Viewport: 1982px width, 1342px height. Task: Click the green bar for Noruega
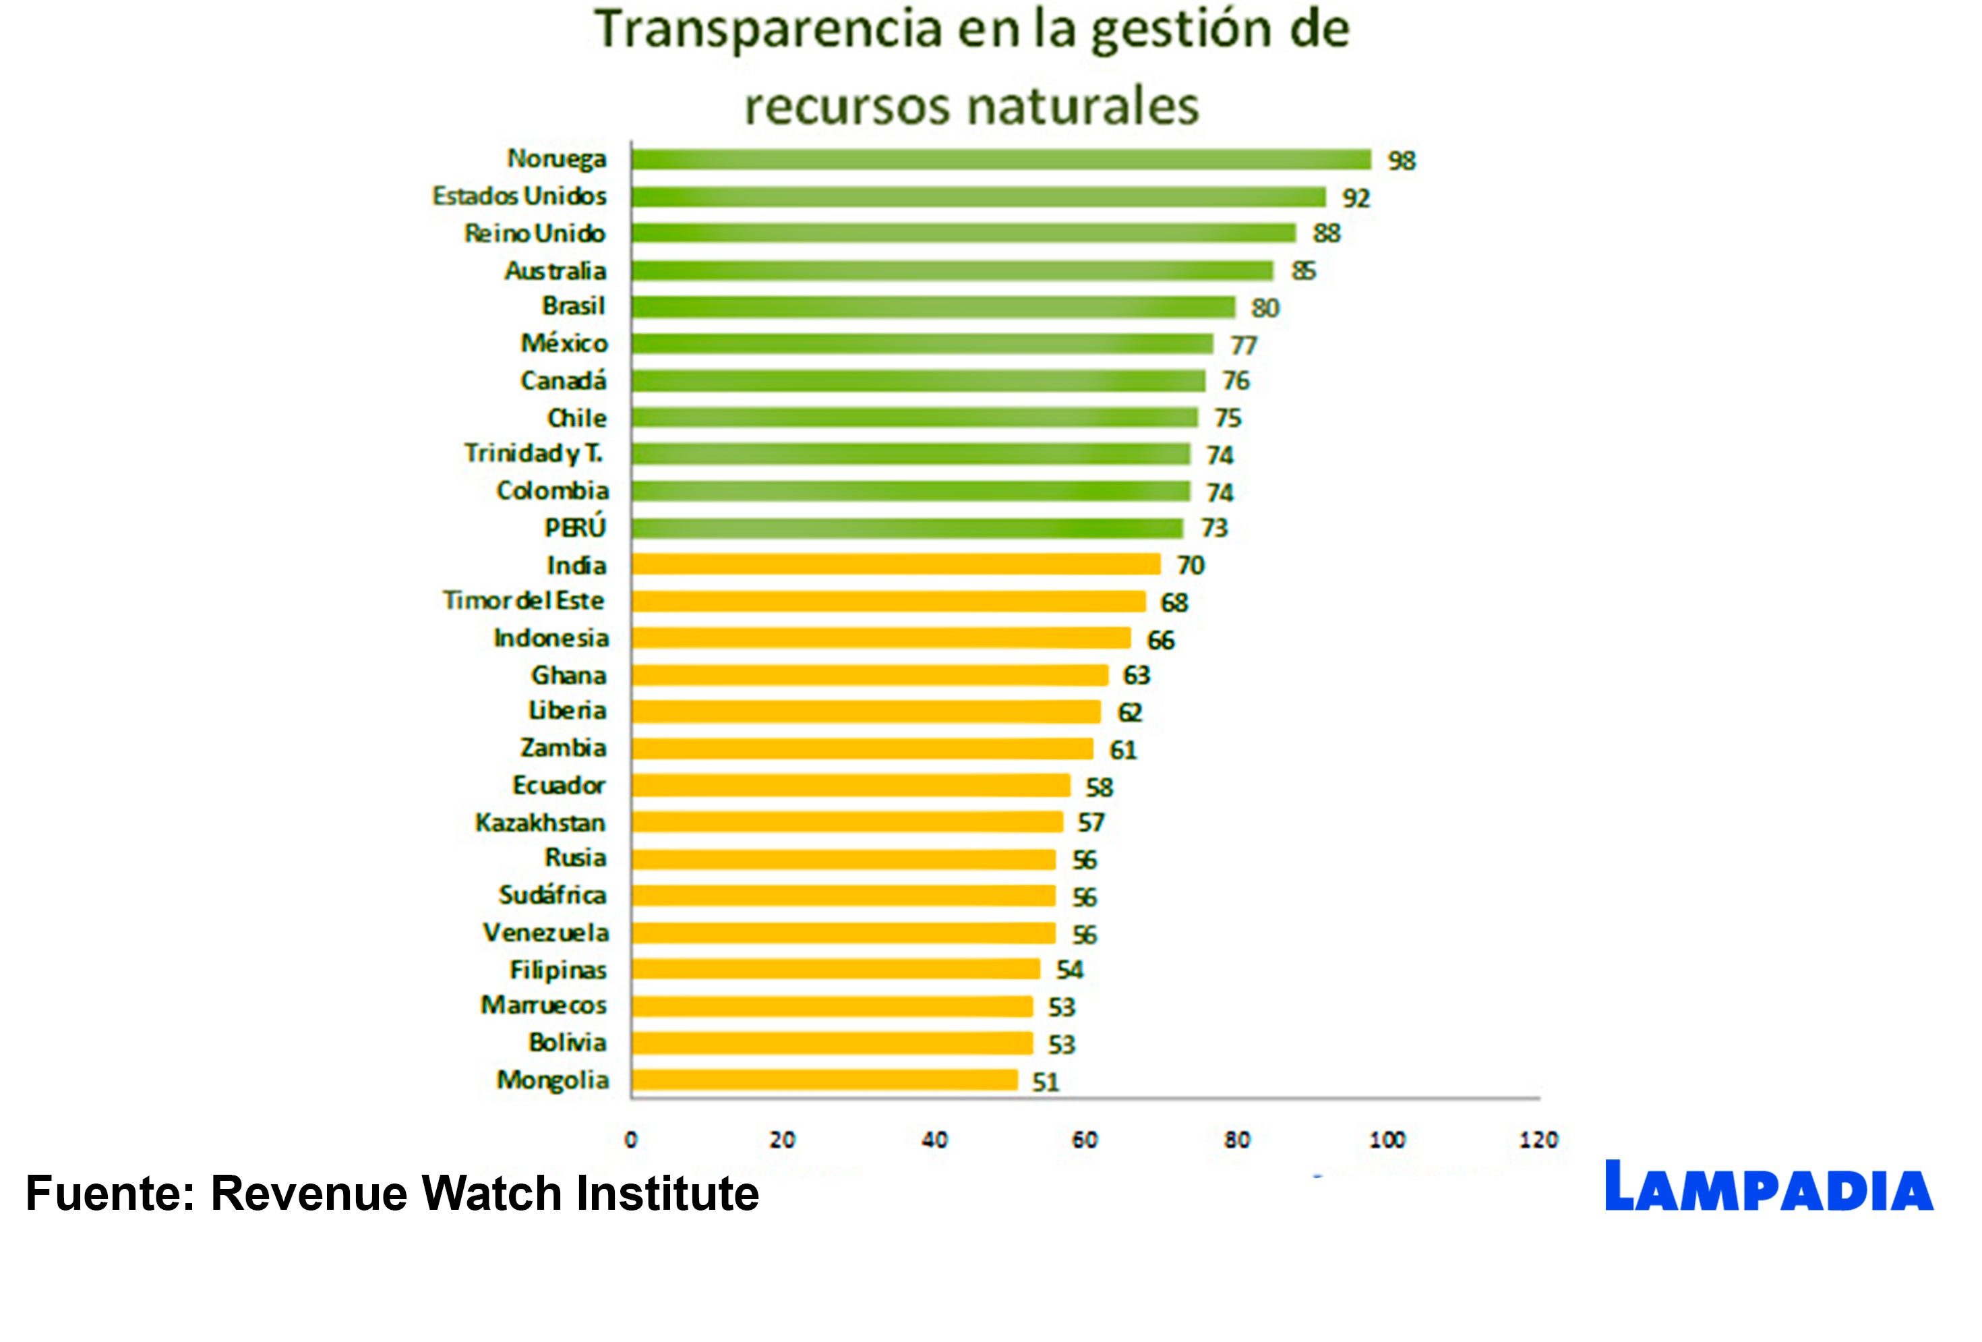click(x=1000, y=160)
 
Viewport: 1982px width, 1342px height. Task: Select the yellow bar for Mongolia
click(x=824, y=1080)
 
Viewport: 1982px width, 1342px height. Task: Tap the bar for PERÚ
click(x=907, y=528)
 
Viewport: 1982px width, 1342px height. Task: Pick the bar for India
click(x=895, y=564)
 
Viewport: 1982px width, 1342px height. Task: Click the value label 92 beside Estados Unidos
click(x=1355, y=198)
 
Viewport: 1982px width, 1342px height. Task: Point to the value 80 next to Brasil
click(x=1265, y=308)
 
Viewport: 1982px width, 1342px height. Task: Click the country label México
click(x=564, y=343)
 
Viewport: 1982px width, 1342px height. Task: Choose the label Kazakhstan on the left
click(x=540, y=823)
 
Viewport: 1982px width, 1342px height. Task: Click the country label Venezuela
click(x=546, y=933)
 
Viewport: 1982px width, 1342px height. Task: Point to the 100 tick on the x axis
click(x=1387, y=1140)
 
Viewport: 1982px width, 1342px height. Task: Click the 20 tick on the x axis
click(x=781, y=1140)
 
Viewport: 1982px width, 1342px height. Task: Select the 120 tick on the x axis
click(x=1538, y=1140)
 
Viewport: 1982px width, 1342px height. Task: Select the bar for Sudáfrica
click(x=843, y=896)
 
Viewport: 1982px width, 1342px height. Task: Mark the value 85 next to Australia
click(x=1302, y=271)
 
